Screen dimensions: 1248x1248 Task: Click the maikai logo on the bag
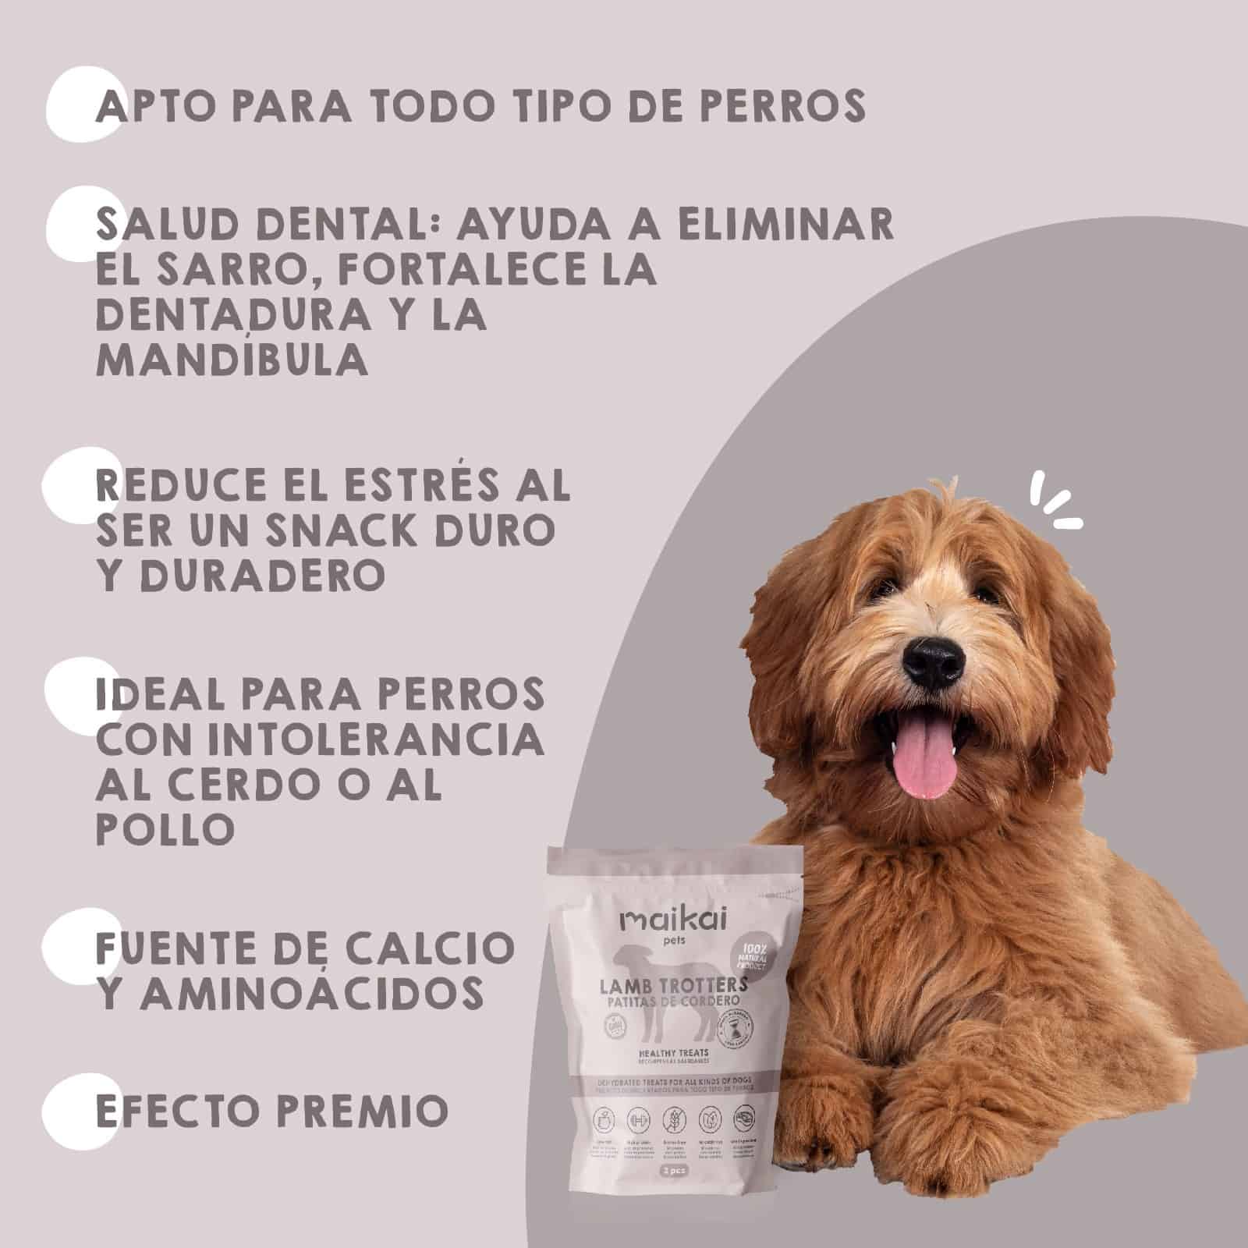(x=673, y=920)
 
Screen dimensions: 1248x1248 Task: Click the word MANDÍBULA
(x=232, y=360)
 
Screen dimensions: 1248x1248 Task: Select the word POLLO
(x=165, y=829)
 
